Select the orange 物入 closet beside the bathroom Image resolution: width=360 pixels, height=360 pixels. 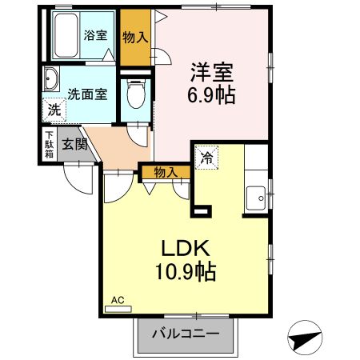point(134,38)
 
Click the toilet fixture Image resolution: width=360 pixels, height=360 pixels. point(135,94)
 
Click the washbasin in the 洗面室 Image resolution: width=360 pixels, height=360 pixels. point(52,80)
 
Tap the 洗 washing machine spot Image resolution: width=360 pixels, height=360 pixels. point(52,109)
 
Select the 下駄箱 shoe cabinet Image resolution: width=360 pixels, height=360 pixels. point(50,144)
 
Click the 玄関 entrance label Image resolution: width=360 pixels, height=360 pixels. point(76,145)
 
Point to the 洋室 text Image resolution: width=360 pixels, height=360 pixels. point(211,71)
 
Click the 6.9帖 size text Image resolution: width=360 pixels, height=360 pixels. point(211,94)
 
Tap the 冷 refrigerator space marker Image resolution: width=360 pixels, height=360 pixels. point(206,158)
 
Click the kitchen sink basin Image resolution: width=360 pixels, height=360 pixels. point(257,195)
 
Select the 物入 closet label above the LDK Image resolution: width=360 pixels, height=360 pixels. point(166,172)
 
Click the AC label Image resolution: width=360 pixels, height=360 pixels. point(118,300)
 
